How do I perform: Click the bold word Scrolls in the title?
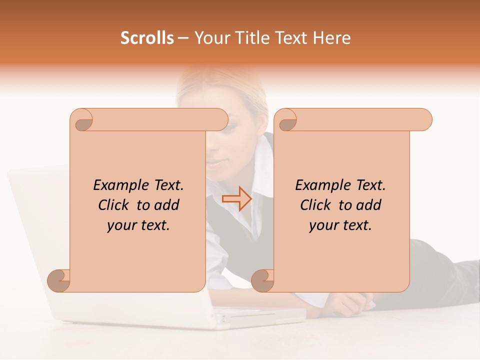[147, 38]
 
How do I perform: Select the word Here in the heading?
[332, 38]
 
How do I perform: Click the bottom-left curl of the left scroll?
[59, 281]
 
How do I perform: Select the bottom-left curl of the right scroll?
[263, 281]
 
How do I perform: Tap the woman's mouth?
[215, 163]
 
